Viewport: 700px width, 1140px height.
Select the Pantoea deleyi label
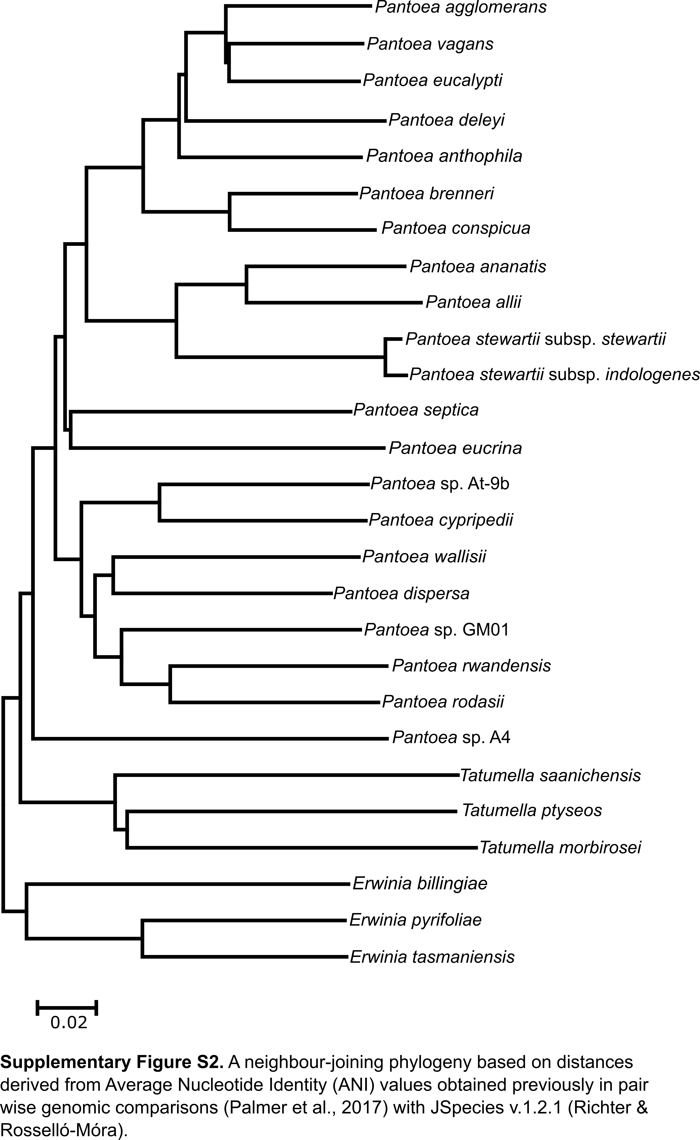[x=446, y=120]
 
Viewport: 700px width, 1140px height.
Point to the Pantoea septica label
[x=416, y=410]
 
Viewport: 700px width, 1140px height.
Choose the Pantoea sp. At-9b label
[x=440, y=484]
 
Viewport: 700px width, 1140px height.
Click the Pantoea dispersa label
[x=401, y=593]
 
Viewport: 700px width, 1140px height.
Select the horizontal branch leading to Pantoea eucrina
[x=227, y=448]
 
